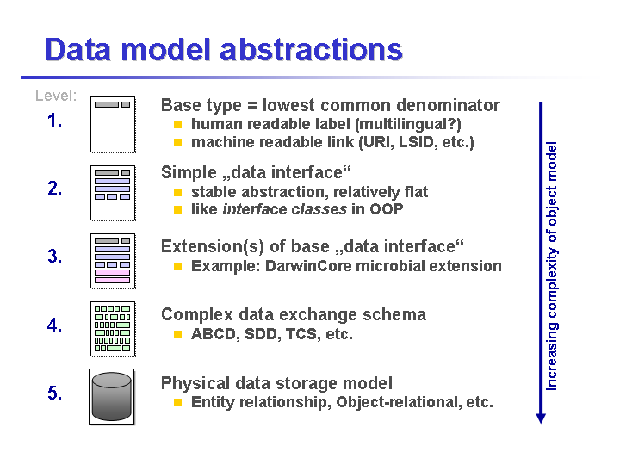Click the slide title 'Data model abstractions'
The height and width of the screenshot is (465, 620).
223,49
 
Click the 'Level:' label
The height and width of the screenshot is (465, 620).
56,96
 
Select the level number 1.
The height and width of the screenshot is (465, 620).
55,121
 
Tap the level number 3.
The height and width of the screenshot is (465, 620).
55,257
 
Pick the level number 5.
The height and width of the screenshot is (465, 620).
55,394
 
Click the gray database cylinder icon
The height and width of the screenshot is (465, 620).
111,396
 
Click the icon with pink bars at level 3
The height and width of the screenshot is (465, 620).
112,260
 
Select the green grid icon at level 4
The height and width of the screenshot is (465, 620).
112,328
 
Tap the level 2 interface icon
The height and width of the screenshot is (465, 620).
112,192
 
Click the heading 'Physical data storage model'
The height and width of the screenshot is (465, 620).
276,383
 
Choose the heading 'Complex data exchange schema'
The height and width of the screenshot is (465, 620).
293,314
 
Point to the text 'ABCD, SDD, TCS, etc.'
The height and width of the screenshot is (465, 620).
271,334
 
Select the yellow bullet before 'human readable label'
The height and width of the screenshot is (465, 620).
177,125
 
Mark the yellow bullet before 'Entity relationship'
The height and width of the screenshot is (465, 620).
177,403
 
